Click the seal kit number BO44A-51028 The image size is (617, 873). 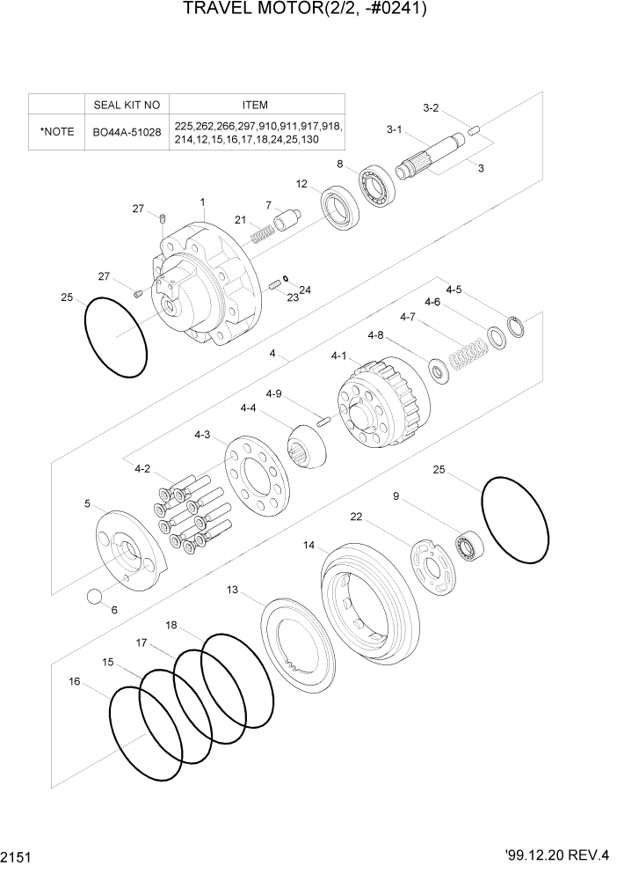[x=127, y=132]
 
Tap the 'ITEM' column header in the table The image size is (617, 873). [x=255, y=104]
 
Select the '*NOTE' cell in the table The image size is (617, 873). [x=56, y=132]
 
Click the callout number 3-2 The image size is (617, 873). [x=431, y=108]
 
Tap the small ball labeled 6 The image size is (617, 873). [x=96, y=598]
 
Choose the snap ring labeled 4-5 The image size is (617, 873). [x=517, y=326]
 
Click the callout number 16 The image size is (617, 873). [x=76, y=680]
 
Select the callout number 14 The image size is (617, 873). [x=309, y=546]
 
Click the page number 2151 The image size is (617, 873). [x=18, y=855]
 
